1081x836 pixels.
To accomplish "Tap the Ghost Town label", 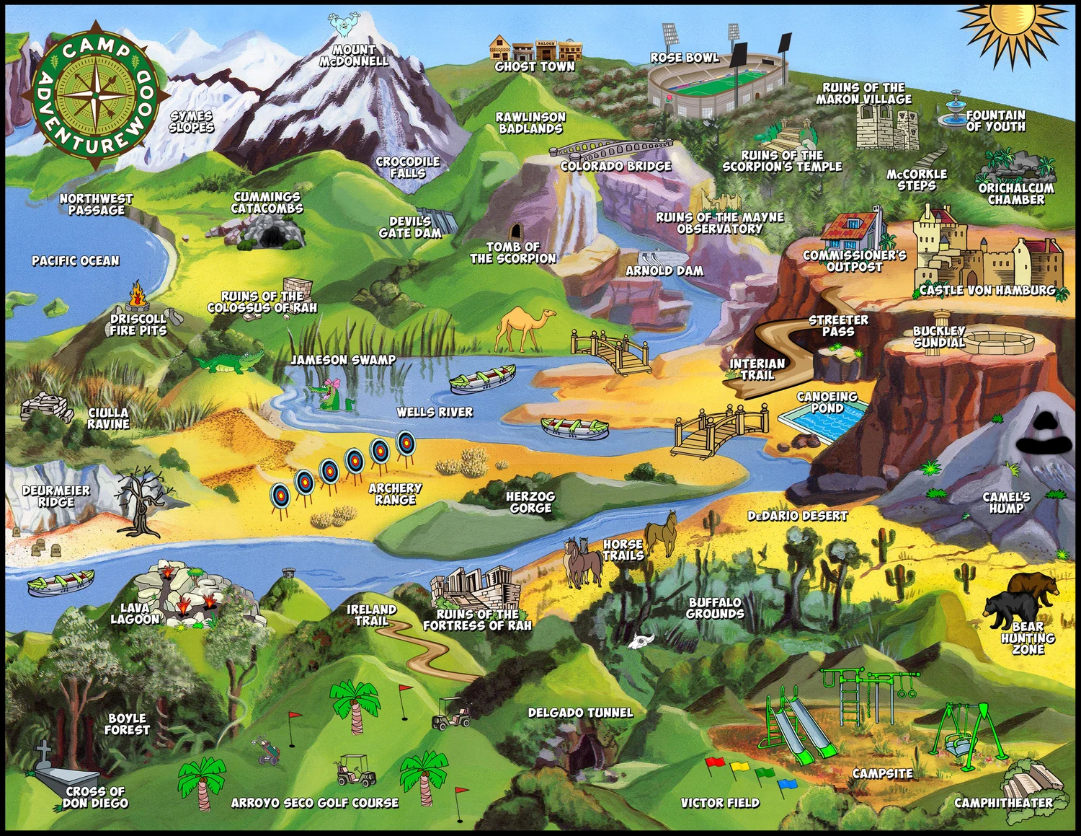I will click(x=535, y=66).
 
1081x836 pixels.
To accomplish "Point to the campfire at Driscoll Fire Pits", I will click(x=137, y=296).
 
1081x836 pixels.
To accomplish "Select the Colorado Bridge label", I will click(x=616, y=166).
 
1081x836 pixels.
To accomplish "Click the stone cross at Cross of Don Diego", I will click(x=45, y=754).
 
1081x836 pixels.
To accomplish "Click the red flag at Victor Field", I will click(x=714, y=762).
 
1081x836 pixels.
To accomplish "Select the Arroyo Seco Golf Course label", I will click(x=315, y=803).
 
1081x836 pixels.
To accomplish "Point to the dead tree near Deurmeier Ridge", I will click(x=141, y=501).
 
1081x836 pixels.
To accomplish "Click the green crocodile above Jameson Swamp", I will click(x=229, y=363).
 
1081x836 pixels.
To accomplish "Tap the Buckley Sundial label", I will click(x=939, y=337).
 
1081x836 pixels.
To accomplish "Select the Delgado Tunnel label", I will click(x=580, y=713).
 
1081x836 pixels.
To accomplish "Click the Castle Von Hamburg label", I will click(x=987, y=291).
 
